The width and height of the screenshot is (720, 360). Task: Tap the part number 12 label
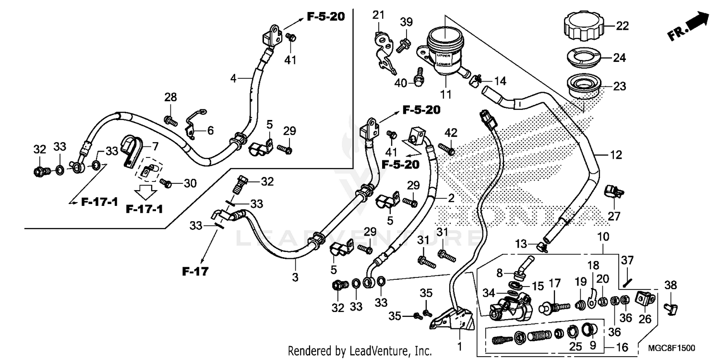[616, 155]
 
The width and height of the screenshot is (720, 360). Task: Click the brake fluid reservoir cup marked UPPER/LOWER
[444, 51]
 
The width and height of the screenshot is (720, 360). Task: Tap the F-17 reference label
[195, 272]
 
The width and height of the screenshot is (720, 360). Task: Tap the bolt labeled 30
[166, 183]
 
